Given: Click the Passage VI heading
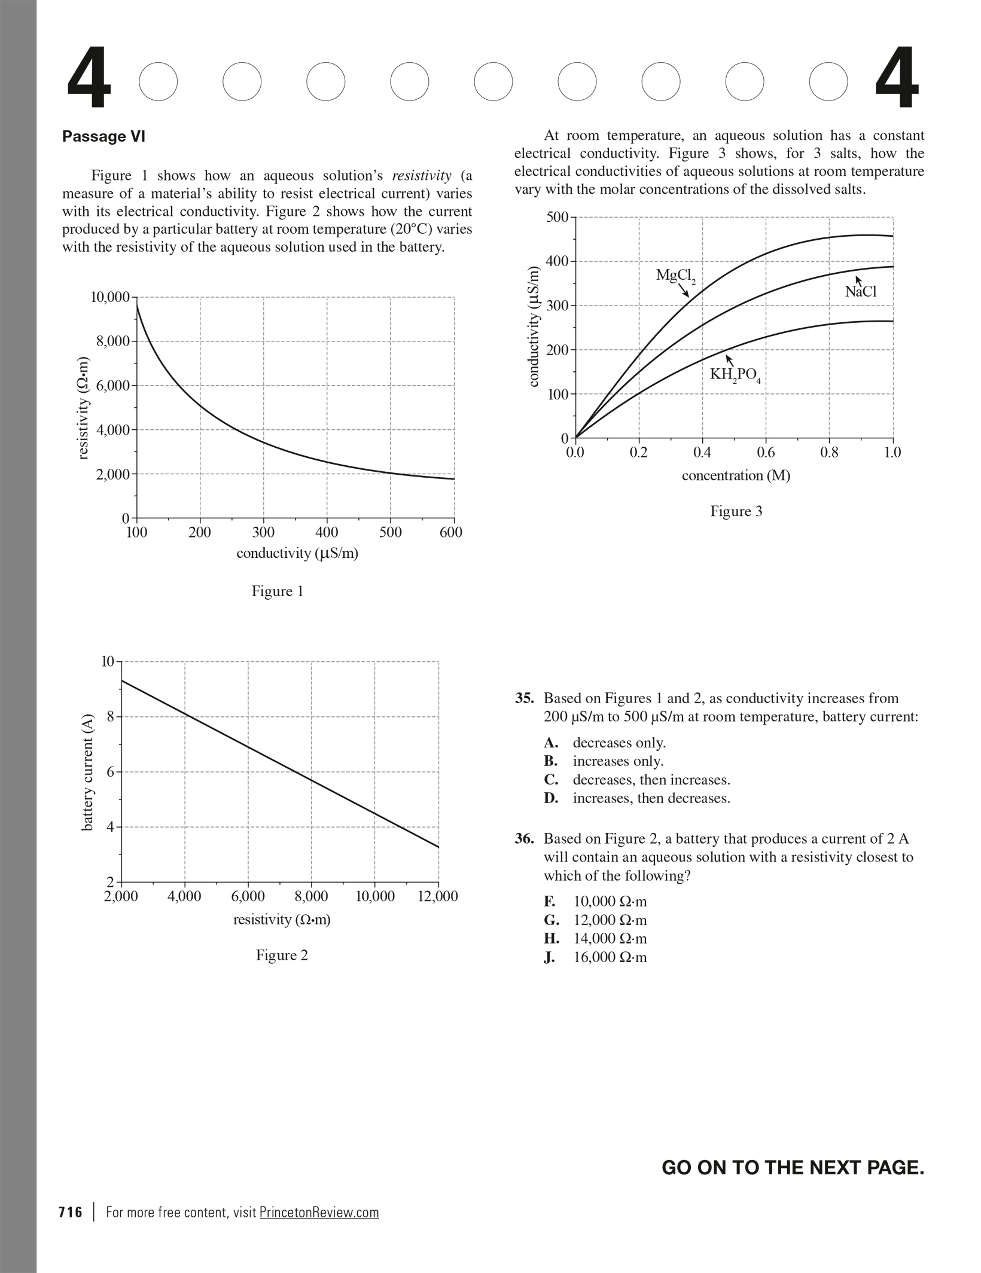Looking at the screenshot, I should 103,137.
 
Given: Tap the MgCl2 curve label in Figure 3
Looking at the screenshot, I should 675,276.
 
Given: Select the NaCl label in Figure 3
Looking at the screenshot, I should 860,292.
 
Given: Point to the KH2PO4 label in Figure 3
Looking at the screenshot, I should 735,375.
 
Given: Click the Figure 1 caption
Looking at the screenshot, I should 278,591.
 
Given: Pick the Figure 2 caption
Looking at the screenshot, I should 282,955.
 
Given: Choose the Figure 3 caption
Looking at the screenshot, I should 736,511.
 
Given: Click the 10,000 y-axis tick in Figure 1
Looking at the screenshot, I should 110,297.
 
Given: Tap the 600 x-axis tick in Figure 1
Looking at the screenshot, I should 451,533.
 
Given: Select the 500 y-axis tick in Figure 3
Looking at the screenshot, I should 557,217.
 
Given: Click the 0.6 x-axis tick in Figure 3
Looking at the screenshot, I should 766,453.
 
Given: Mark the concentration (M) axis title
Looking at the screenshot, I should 736,476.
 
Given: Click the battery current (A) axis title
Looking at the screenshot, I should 88,772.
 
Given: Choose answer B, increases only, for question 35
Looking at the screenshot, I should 618,761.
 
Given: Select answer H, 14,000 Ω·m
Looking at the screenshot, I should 610,938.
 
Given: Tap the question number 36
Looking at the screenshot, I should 524,839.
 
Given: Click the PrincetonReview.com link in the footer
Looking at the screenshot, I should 319,1212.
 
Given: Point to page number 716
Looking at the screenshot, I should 71,1212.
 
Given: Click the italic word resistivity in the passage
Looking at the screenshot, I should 421,176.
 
